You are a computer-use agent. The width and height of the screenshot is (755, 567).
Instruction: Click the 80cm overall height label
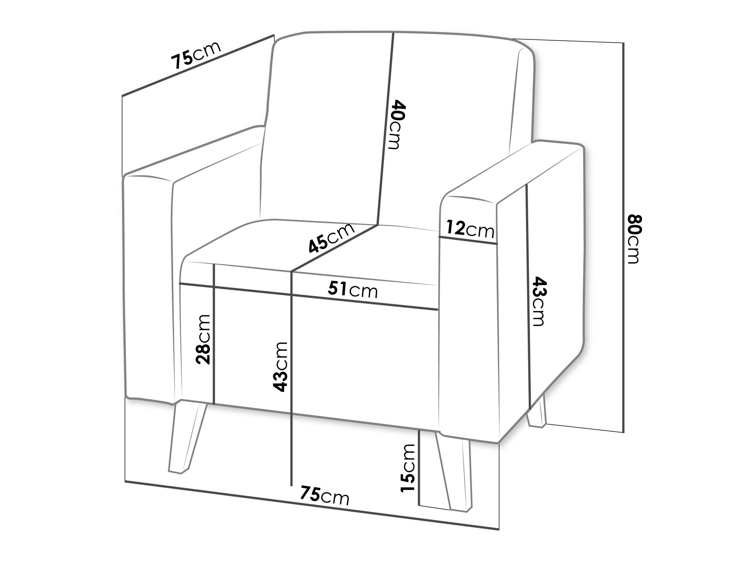click(634, 239)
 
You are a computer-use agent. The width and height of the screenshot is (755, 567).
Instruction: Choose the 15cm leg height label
click(408, 468)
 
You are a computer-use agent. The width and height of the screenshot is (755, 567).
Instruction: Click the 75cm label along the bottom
click(324, 495)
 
